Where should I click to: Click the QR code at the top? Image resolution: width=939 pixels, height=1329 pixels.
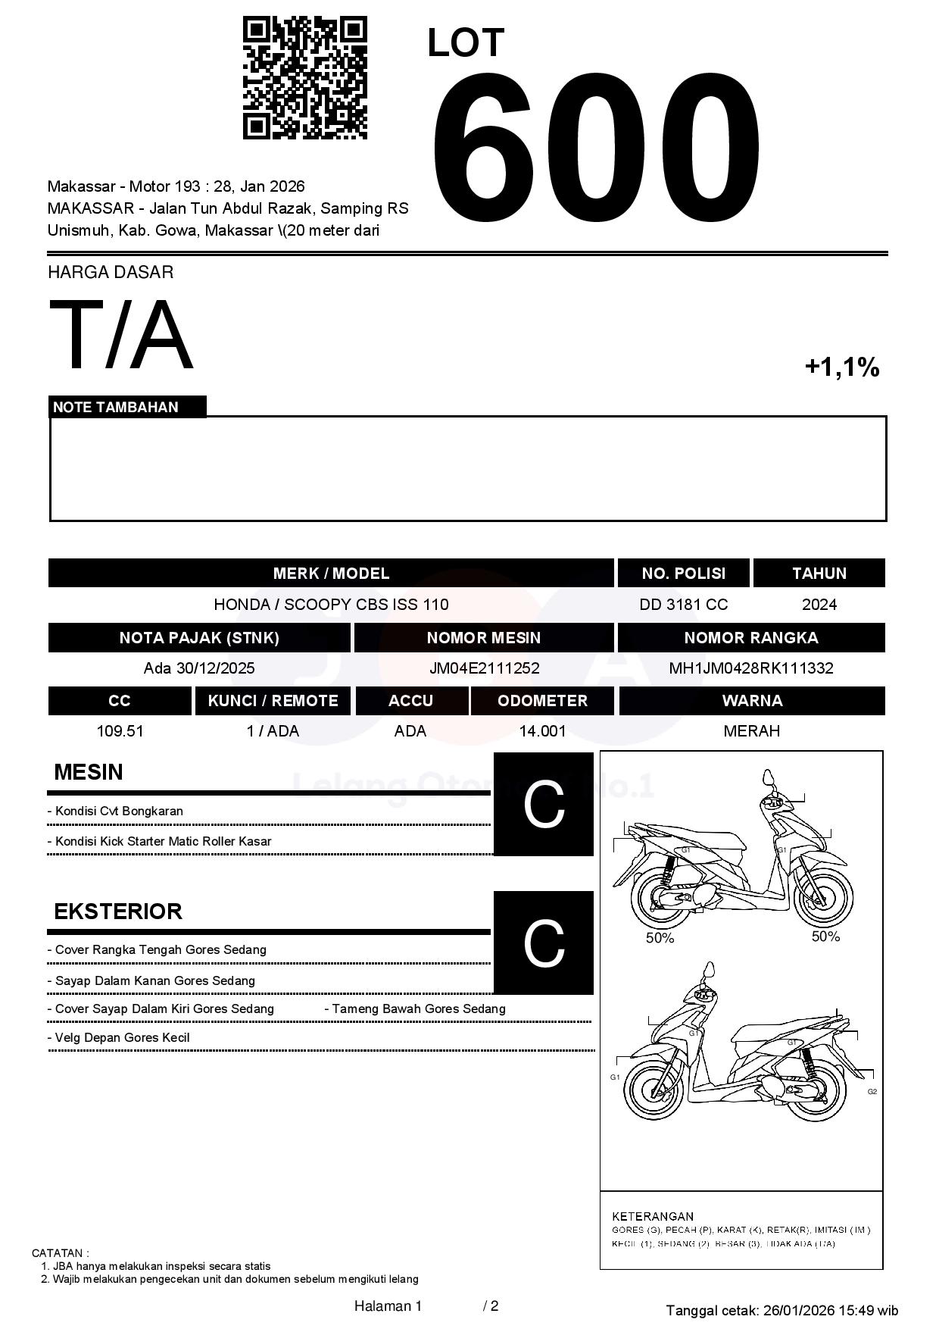click(304, 78)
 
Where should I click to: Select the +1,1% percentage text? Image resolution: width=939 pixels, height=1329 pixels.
click(841, 367)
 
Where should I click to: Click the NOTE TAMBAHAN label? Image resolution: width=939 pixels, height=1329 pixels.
click(116, 407)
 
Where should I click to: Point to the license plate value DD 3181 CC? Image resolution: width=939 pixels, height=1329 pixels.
click(683, 605)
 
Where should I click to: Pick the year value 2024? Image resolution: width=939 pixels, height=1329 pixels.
click(819, 605)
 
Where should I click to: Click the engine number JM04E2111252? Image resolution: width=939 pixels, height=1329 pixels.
click(484, 668)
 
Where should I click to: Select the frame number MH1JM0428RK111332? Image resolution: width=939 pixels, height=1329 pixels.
click(750, 668)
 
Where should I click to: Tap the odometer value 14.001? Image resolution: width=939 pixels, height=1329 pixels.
click(542, 731)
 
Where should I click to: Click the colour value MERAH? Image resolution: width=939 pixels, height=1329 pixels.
click(751, 731)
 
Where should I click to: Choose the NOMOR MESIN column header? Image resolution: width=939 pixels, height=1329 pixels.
click(483, 638)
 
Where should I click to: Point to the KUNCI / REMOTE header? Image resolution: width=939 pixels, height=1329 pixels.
click(273, 701)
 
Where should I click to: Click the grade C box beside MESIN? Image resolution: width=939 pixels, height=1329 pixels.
click(544, 804)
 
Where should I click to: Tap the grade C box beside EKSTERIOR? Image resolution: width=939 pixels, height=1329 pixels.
click(544, 943)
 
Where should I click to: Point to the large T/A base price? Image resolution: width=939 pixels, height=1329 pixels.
click(121, 335)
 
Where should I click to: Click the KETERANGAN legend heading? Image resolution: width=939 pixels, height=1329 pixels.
click(653, 1216)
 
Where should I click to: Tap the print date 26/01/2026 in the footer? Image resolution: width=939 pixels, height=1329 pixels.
click(798, 1310)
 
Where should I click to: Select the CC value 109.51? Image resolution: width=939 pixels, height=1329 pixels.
click(120, 731)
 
